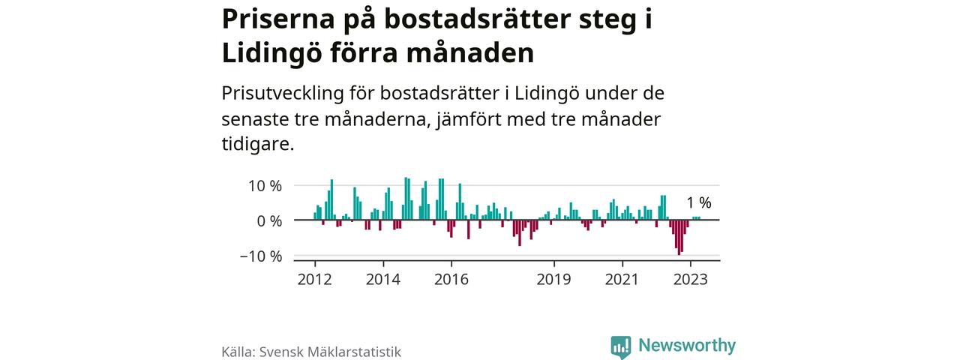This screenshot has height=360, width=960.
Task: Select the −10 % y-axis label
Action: (x=261, y=256)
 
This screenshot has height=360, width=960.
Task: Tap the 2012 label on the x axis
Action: (x=315, y=280)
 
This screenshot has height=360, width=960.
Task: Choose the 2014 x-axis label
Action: (x=383, y=280)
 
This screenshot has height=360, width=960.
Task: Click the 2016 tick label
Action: (x=451, y=280)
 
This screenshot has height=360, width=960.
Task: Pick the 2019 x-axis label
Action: (x=554, y=280)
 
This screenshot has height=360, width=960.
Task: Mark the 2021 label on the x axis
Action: (x=622, y=280)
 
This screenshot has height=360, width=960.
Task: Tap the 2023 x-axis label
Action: (x=691, y=280)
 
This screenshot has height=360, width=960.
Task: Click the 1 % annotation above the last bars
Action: (x=699, y=202)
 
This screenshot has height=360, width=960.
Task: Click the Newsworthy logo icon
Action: (x=620, y=346)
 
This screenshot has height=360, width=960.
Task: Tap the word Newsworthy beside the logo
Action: (x=687, y=346)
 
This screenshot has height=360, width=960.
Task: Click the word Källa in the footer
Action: (x=238, y=352)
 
